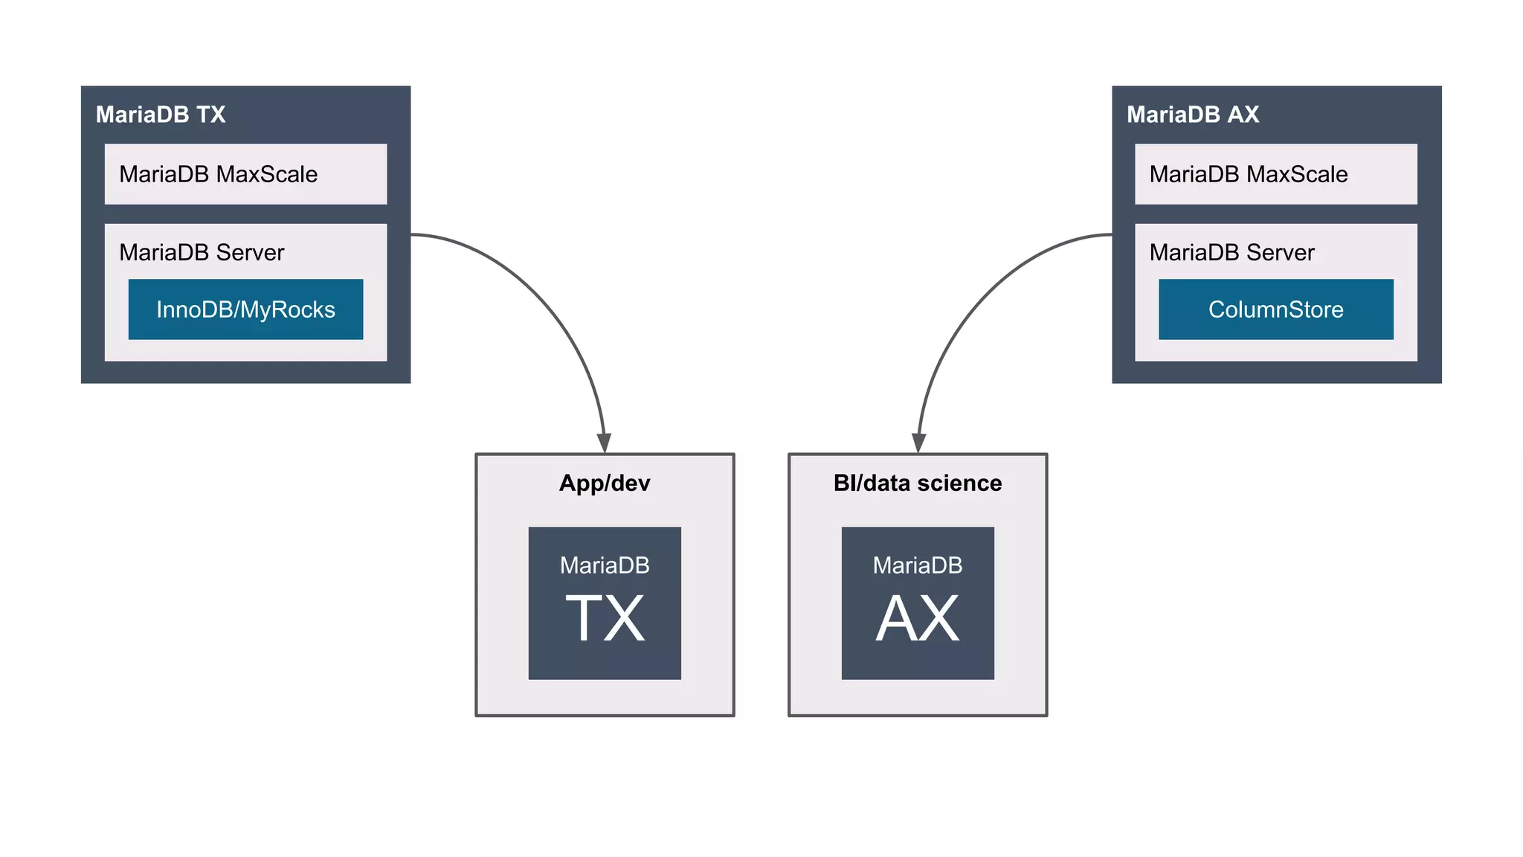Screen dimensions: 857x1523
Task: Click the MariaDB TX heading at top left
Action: pos(161,115)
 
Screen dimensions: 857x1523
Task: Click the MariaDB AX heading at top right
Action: pos(1192,115)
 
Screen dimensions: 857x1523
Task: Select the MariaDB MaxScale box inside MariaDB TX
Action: pos(245,174)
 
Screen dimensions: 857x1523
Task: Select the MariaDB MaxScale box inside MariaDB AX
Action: pos(1275,174)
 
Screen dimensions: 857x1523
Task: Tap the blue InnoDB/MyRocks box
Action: pos(245,309)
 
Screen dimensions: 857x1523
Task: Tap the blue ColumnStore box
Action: pos(1275,309)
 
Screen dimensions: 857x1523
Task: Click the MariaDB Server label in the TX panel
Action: pos(202,253)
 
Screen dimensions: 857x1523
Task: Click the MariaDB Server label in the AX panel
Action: pos(1231,253)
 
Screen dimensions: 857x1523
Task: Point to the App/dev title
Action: pos(605,484)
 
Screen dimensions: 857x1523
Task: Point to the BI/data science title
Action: pos(917,484)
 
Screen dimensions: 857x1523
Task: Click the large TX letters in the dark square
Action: pos(605,619)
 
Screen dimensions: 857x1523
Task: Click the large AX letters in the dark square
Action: pos(917,619)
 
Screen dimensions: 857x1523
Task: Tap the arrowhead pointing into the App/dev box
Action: pos(605,443)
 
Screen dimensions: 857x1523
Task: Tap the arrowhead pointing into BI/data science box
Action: pos(919,443)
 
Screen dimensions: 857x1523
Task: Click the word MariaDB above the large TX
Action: pos(605,565)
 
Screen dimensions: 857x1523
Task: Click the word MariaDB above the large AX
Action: pos(917,565)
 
